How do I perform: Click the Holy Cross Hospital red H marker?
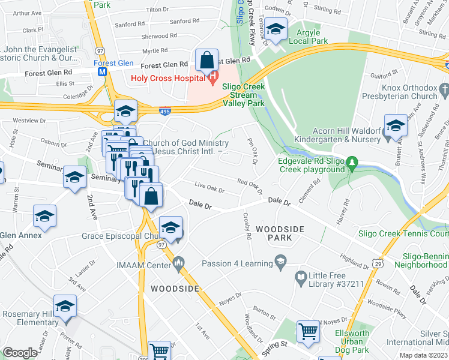click(211, 77)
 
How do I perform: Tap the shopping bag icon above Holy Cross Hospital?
click(206, 61)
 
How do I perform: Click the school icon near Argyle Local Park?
click(276, 29)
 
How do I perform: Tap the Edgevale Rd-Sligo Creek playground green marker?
click(353, 162)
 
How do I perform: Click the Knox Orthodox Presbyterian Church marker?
click(444, 90)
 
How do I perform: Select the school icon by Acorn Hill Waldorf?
click(396, 125)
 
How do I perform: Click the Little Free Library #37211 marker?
click(301, 277)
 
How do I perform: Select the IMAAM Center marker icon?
click(178, 262)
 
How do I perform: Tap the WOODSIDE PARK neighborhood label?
click(280, 233)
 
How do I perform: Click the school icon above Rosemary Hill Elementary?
click(65, 306)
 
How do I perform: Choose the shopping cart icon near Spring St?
click(308, 330)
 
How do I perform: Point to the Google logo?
click(20, 353)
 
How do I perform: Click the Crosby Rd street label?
click(247, 227)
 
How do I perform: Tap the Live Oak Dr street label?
click(209, 189)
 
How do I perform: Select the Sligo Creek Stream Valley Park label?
click(243, 95)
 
